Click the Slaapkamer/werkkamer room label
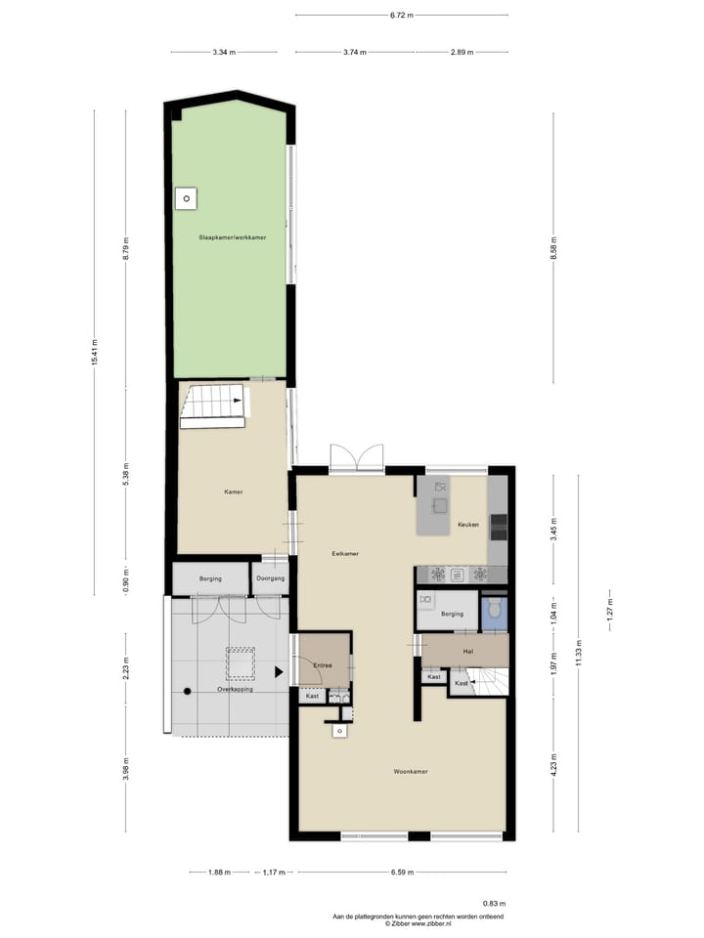(233, 237)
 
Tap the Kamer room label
(233, 491)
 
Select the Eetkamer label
(345, 553)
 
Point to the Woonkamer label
(411, 772)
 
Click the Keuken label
(468, 525)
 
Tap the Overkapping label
(235, 689)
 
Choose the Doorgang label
(271, 578)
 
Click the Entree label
(323, 665)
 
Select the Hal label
(468, 650)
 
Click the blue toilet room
(495, 611)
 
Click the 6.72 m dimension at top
(401, 16)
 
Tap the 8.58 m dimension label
(553, 247)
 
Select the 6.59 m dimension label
(401, 873)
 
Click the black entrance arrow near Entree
(280, 671)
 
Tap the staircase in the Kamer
(213, 405)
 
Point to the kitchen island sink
(440, 505)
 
